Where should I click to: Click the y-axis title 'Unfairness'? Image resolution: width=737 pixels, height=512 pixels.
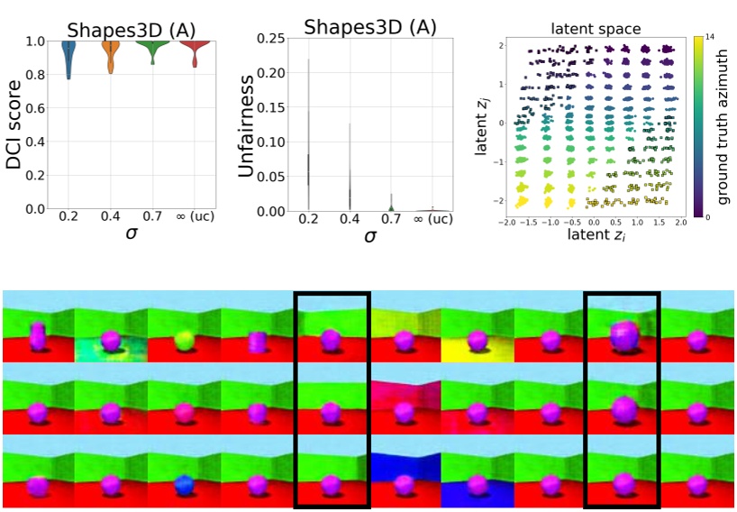(x=249, y=123)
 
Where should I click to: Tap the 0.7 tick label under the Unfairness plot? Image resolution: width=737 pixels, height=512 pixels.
(x=392, y=218)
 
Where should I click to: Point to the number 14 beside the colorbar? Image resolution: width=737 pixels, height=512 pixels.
(x=709, y=38)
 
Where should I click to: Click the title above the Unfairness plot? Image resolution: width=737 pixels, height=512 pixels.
(x=369, y=26)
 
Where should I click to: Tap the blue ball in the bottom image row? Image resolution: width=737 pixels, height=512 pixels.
(x=184, y=484)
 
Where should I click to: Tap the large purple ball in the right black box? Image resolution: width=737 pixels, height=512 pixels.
(x=622, y=338)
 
